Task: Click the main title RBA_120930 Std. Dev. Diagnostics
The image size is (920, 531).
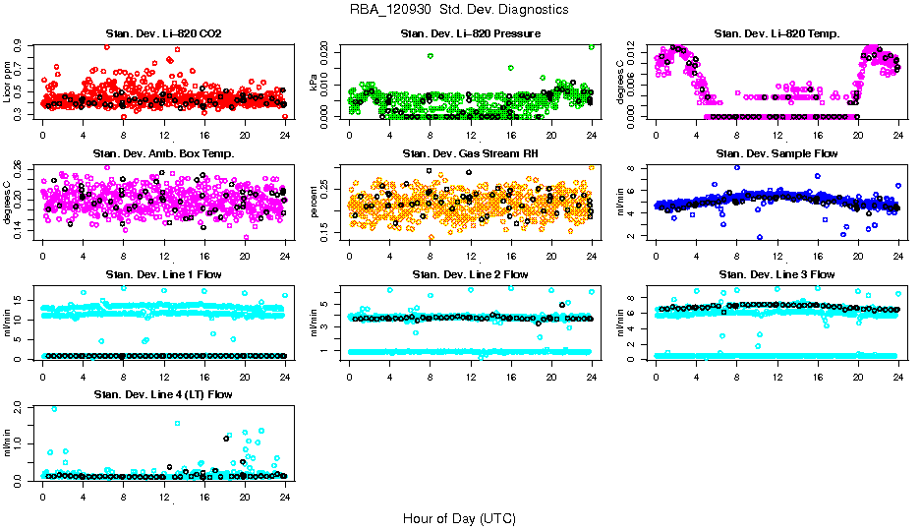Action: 459,10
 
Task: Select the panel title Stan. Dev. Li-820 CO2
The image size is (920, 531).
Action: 163,34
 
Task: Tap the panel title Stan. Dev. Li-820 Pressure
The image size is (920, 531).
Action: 470,34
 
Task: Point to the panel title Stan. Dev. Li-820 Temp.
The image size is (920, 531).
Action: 776,34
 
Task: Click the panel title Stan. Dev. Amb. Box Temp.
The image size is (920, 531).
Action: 163,154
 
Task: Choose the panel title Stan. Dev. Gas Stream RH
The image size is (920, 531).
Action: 470,154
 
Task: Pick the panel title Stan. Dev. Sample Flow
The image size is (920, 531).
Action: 776,154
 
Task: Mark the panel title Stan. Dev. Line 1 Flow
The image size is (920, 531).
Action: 163,274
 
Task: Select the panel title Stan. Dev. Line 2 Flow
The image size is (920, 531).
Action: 470,274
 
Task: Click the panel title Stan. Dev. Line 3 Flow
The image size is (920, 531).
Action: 776,274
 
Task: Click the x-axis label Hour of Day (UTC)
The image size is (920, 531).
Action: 459,518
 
